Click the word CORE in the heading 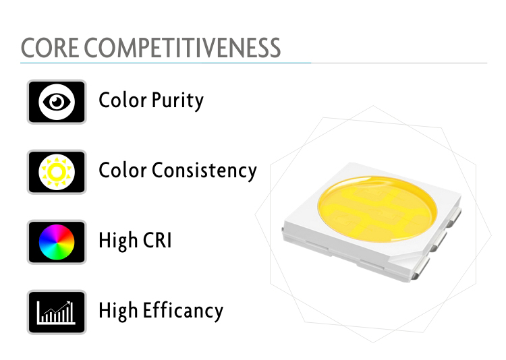point(50,48)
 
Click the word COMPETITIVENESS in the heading point(182,48)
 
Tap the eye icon point(57,102)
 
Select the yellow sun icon point(57,172)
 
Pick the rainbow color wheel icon point(57,242)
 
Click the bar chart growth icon point(57,312)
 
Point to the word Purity point(177,101)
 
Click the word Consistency point(204,170)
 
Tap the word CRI point(157,240)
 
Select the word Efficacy point(183,311)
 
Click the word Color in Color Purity point(123,100)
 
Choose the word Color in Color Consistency point(123,170)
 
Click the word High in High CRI point(118,241)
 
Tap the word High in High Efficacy point(118,311)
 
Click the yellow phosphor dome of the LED point(377,209)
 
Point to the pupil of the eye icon point(57,102)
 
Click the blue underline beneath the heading point(165,63)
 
